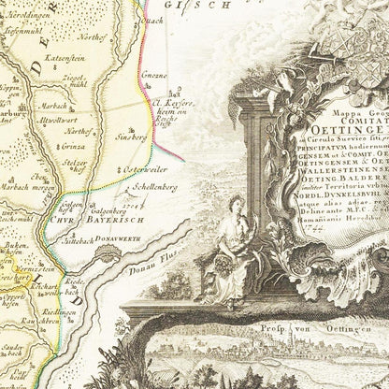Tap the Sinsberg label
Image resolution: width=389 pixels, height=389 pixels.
137,137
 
